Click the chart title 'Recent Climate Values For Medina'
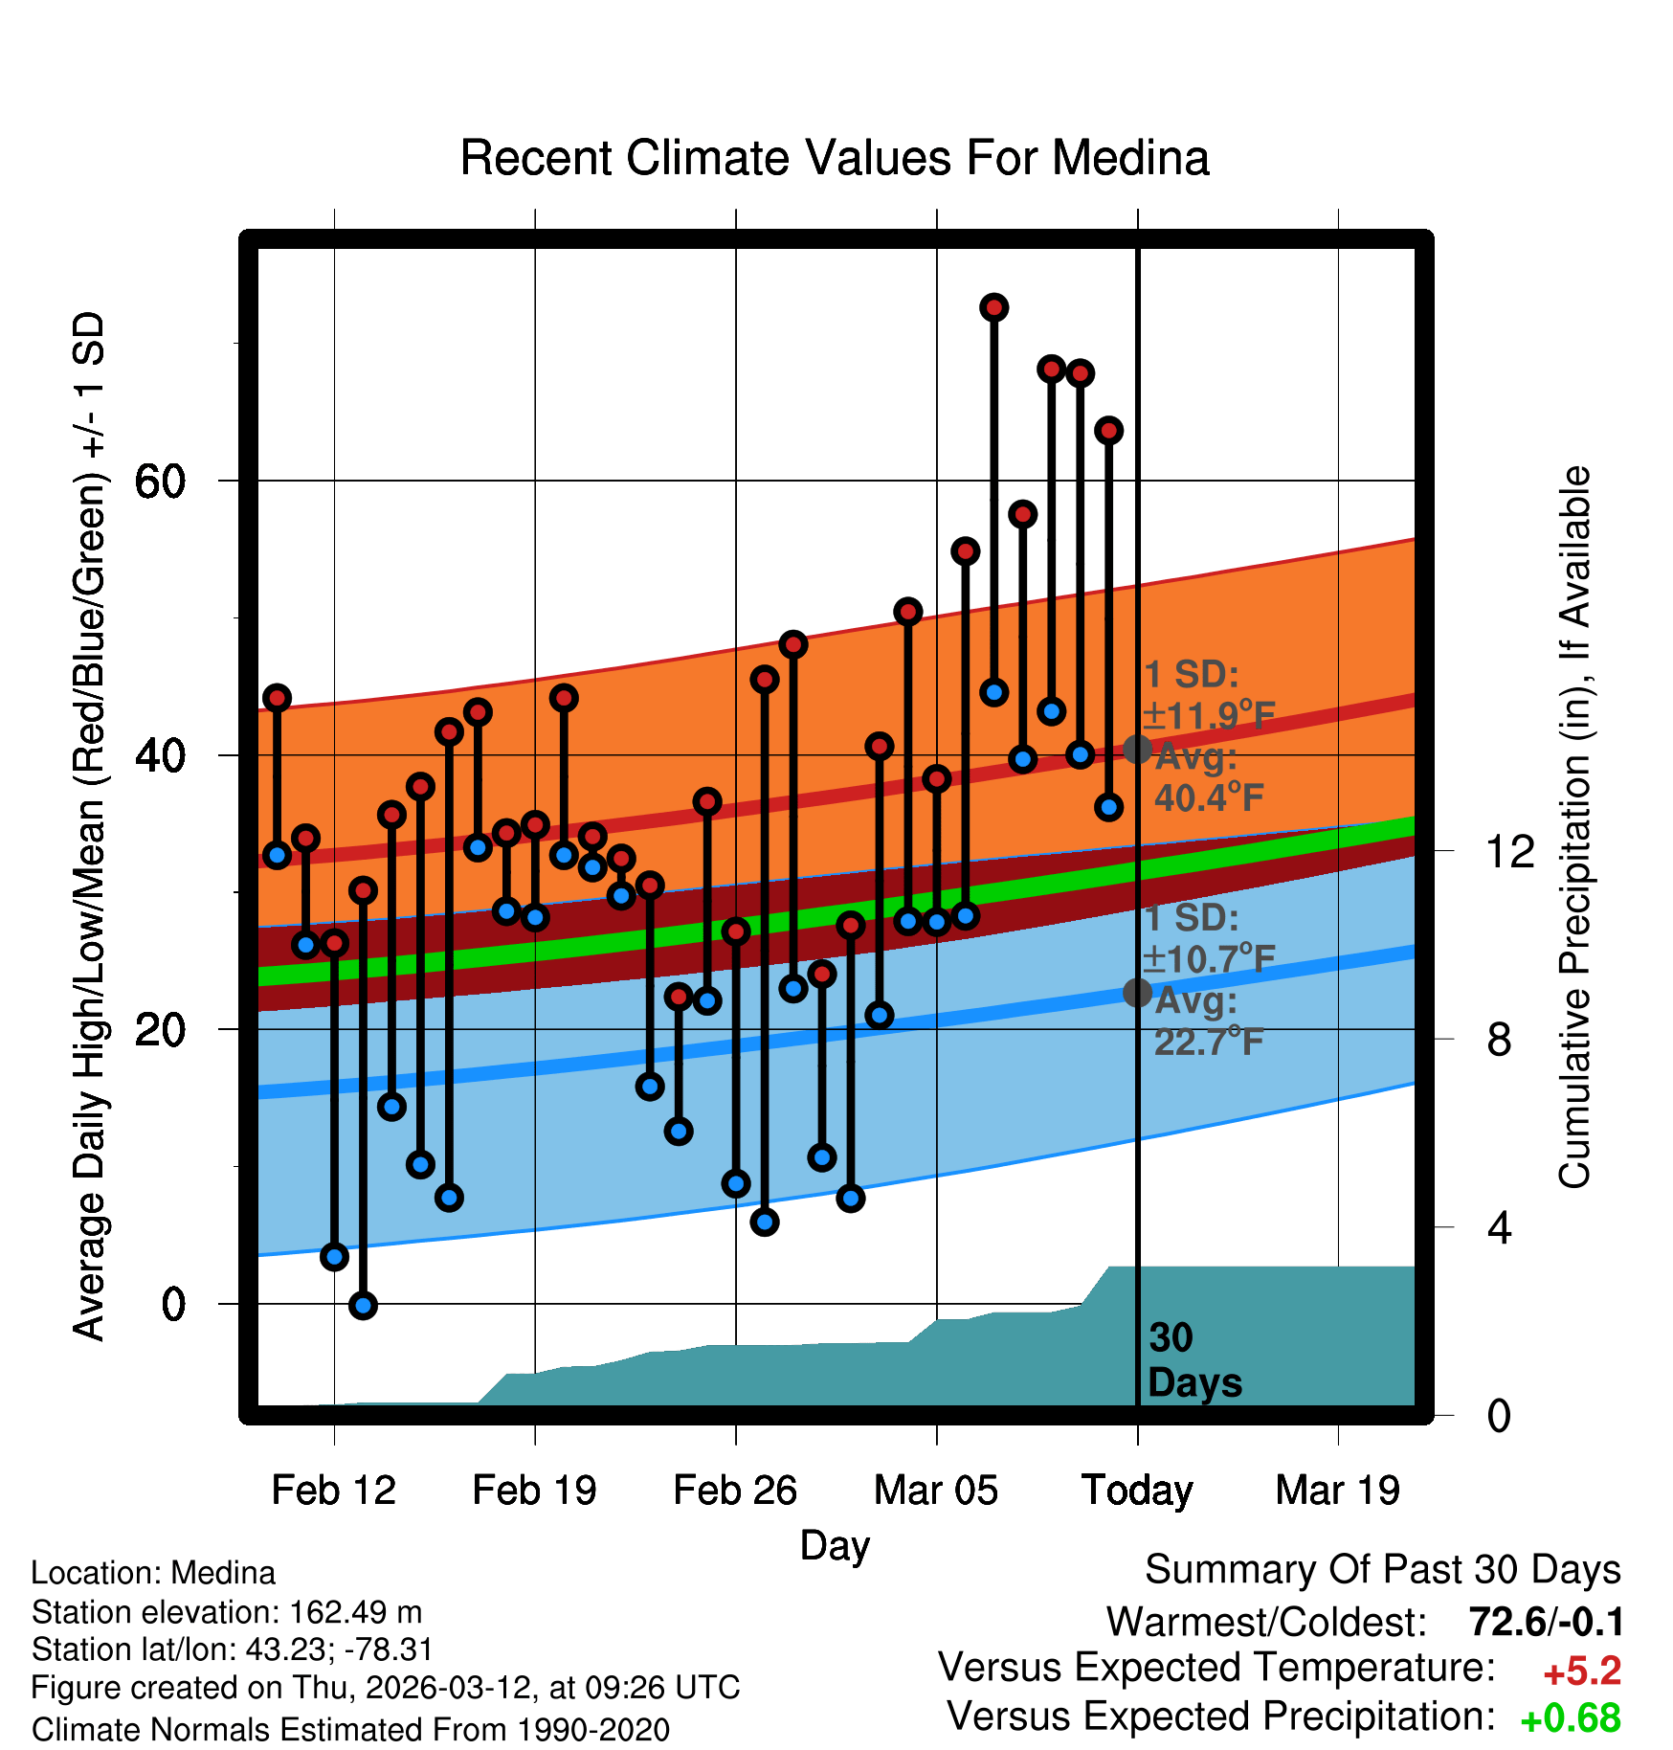click(x=835, y=158)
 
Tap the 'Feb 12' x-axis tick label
click(x=333, y=1491)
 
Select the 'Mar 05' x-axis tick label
click(x=935, y=1491)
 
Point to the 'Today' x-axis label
click(x=1137, y=1491)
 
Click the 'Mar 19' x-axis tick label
click(x=1337, y=1491)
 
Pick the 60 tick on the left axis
click(x=160, y=481)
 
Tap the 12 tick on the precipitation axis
click(x=1510, y=851)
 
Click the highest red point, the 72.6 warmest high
click(x=993, y=307)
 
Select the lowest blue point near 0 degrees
click(x=363, y=1305)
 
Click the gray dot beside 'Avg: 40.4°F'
click(x=1137, y=749)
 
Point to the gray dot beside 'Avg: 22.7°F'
click(x=1137, y=993)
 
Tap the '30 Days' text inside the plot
click(x=1193, y=1360)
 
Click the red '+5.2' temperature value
click(x=1582, y=1671)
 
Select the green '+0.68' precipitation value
click(x=1570, y=1718)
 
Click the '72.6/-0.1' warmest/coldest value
click(x=1546, y=1622)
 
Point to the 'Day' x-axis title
click(x=835, y=1545)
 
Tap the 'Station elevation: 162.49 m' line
click(x=227, y=1612)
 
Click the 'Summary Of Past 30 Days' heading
click(x=1382, y=1570)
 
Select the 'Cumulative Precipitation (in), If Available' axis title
click(x=1574, y=827)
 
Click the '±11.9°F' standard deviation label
click(x=1210, y=715)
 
